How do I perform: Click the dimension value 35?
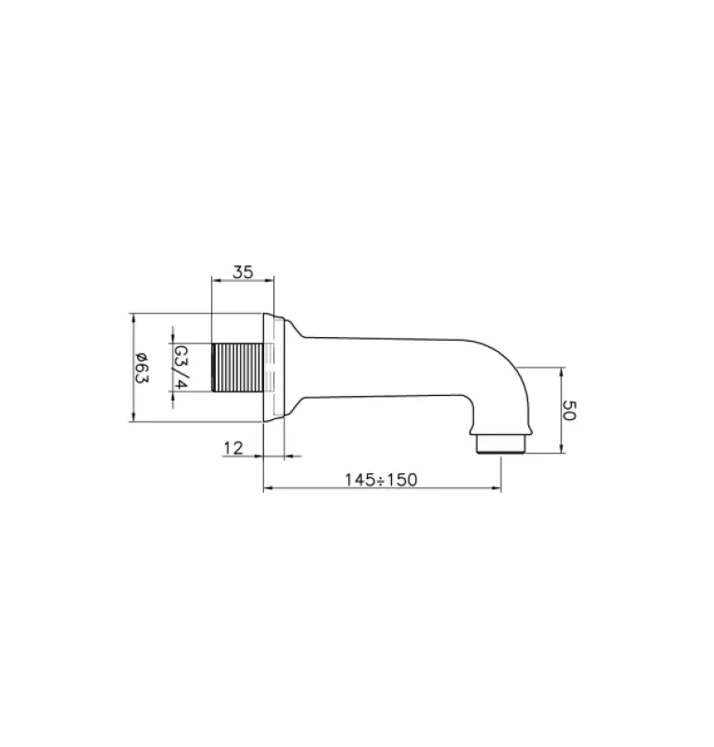[x=243, y=273]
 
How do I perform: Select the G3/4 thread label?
[x=181, y=367]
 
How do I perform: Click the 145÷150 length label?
[x=380, y=479]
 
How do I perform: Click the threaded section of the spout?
[x=238, y=367]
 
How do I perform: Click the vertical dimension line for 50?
[x=560, y=410]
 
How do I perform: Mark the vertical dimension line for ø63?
[x=133, y=367]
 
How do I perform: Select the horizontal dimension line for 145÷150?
[x=380, y=488]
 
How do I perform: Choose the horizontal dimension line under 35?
[x=243, y=281]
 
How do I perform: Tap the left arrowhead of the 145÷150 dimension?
[x=267, y=488]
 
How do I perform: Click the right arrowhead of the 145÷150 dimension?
[x=497, y=488]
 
